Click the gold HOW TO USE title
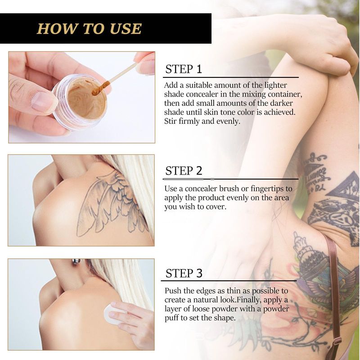[89, 29]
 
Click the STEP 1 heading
[184, 69]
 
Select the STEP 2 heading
[184, 171]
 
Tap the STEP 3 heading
[184, 273]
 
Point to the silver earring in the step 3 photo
[76, 262]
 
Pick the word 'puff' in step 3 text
[171, 319]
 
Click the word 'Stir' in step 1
[171, 121]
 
